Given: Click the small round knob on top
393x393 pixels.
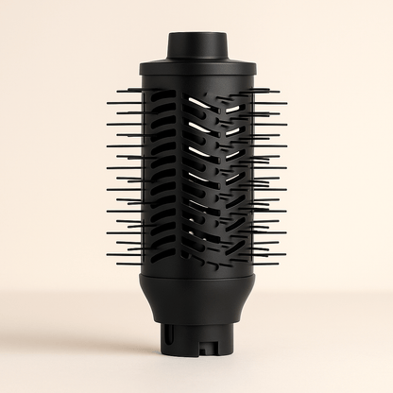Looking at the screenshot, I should click(x=196, y=45).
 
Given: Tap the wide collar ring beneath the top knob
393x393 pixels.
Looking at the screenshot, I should click(x=196, y=69).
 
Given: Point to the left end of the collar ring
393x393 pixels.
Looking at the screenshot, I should click(x=141, y=69).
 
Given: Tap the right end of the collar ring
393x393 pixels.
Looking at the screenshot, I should click(x=252, y=69).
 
